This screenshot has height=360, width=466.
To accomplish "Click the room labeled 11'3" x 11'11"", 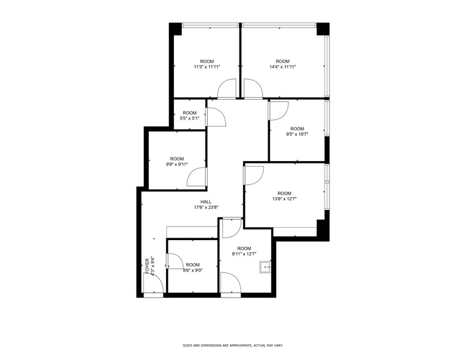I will click(x=206, y=64).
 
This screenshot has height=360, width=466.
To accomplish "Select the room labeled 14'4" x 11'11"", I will click(x=282, y=64).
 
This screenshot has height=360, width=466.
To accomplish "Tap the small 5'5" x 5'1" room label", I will click(x=189, y=116).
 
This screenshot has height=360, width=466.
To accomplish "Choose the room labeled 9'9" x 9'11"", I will click(x=176, y=162).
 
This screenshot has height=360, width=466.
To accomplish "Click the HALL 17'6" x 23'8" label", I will click(x=206, y=204).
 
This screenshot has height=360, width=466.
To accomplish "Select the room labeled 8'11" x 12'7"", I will click(x=244, y=251).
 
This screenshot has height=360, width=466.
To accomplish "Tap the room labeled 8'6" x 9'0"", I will click(x=192, y=268).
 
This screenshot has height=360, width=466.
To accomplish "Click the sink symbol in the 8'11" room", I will click(x=265, y=266).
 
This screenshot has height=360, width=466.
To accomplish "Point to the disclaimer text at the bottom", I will click(x=233, y=345).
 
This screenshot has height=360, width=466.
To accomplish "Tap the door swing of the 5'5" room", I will click(x=216, y=117).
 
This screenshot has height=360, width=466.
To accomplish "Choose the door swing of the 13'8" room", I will click(x=254, y=174).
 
